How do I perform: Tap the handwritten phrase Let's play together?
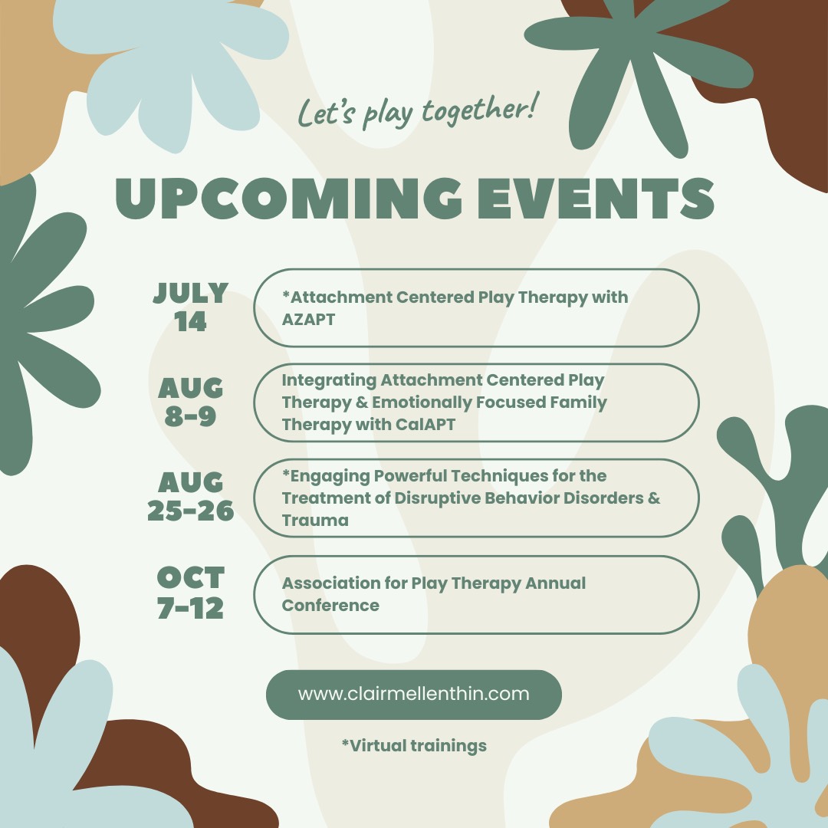pyautogui.click(x=419, y=111)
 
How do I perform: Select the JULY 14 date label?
pyautogui.click(x=191, y=307)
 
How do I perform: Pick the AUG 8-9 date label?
pyautogui.click(x=191, y=402)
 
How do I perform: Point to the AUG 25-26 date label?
pyautogui.click(x=191, y=496)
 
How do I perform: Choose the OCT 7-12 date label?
pyautogui.click(x=191, y=593)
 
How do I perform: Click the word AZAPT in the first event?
pyautogui.click(x=308, y=320)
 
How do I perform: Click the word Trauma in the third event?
pyautogui.click(x=315, y=521)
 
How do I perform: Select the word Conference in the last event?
pyautogui.click(x=330, y=605)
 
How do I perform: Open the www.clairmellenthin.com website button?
pyautogui.click(x=413, y=695)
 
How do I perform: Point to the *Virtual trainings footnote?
pyautogui.click(x=415, y=746)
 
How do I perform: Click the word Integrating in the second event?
pyautogui.click(x=329, y=381)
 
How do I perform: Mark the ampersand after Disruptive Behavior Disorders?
pyautogui.click(x=654, y=498)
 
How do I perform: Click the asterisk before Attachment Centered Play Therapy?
pyautogui.click(x=286, y=294)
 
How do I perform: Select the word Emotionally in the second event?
pyautogui.click(x=422, y=403)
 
